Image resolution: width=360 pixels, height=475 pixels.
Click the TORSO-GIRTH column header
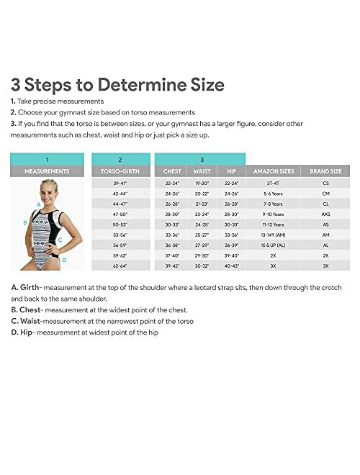pos(120,172)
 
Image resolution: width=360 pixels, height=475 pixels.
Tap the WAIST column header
pos(201,172)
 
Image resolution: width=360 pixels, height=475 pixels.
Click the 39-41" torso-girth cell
pos(120,184)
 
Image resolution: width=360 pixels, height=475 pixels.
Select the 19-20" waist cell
pos(201,184)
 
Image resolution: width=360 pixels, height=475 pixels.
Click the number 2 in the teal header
pos(120,159)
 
